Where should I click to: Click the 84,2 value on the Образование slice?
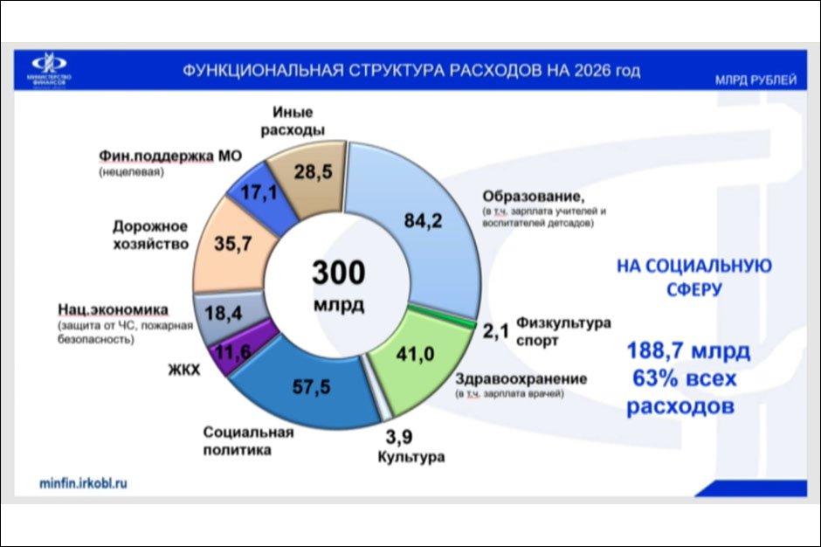coord(424,221)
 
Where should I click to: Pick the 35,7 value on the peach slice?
coord(232,245)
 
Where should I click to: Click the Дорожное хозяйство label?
coord(150,235)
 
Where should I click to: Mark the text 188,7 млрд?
coord(687,351)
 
